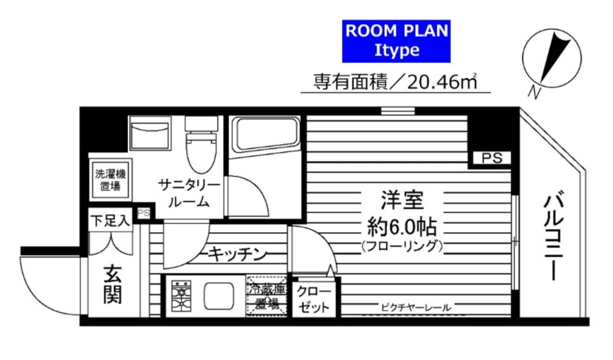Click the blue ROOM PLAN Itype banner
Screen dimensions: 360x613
[x=396, y=41]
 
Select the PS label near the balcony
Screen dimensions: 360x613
[x=491, y=159]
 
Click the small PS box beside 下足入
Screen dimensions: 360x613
[x=144, y=213]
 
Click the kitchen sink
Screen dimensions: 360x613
[x=218, y=295]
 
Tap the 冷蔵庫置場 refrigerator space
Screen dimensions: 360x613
[x=266, y=295]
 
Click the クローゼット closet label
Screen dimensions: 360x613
[x=314, y=299]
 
